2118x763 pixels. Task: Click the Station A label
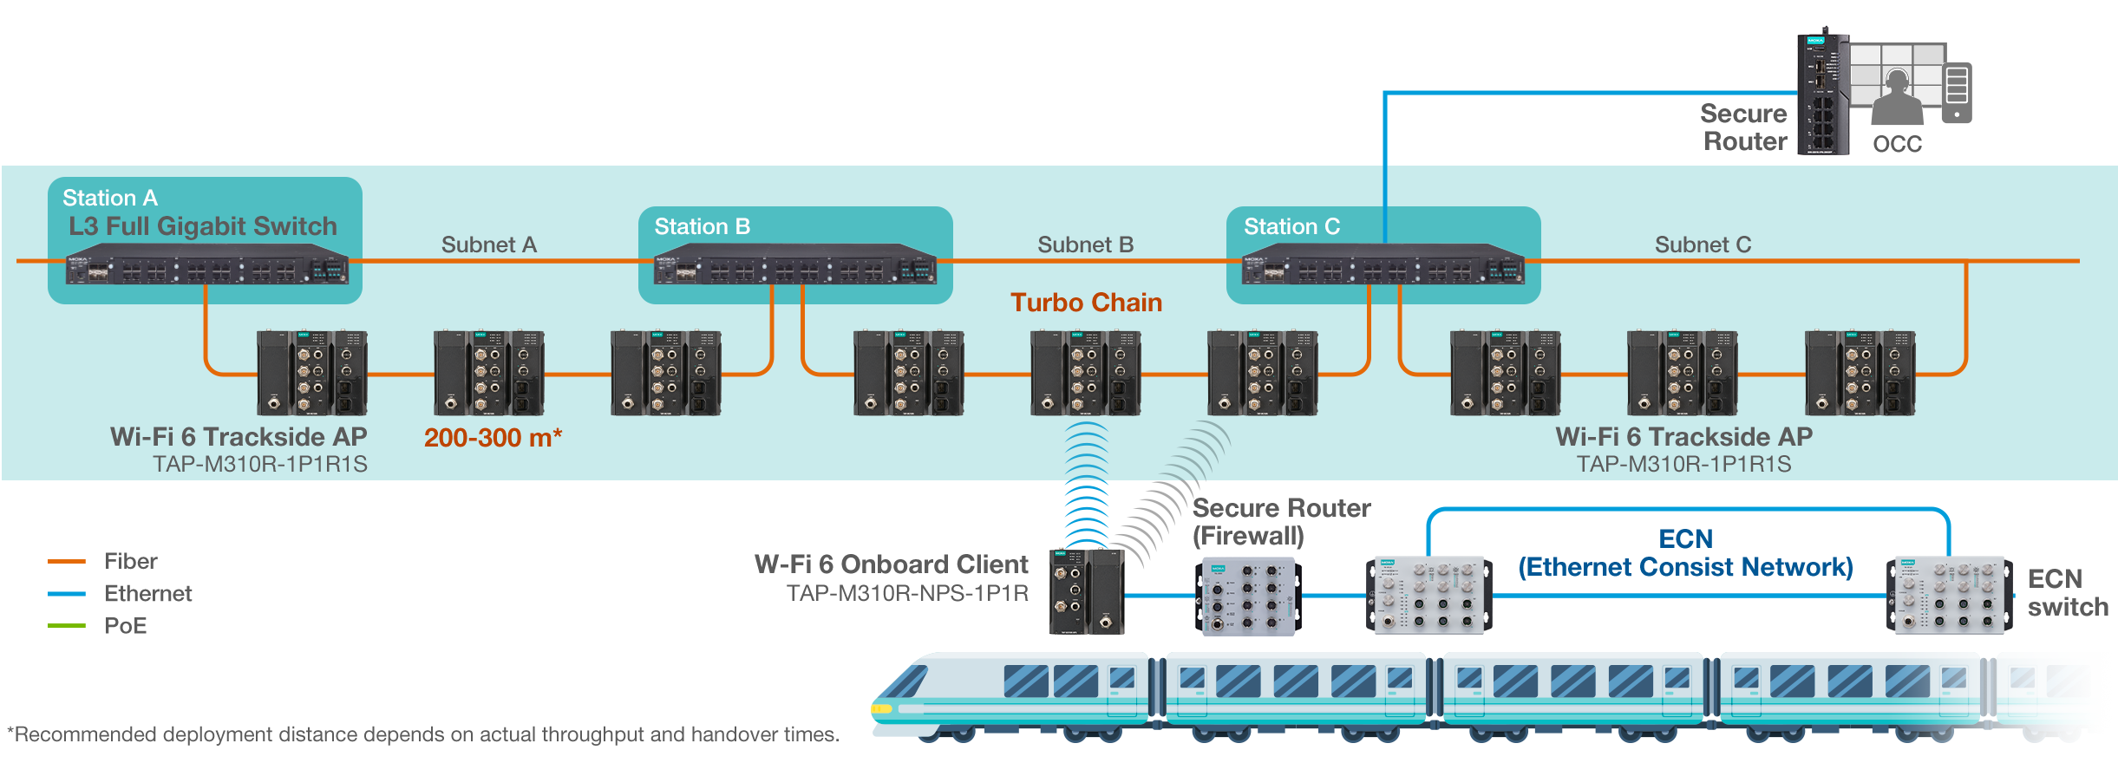pos(110,199)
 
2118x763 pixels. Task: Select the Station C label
pos(1291,226)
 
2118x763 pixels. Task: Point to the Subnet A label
pos(489,245)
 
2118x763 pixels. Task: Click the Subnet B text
pos(1085,245)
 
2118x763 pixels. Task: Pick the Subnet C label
pos(1703,245)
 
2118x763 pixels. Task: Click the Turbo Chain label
pos(1086,303)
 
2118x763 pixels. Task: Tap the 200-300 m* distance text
pos(493,438)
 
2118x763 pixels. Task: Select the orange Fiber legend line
pos(67,562)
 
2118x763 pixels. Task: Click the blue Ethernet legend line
pos(67,594)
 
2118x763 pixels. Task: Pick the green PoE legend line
pos(67,626)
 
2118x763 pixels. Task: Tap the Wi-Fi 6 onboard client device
pos(1087,591)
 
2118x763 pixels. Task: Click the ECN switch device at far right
pos(1949,596)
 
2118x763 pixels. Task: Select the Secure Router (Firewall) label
pos(1281,522)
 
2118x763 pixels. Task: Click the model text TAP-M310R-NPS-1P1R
pos(907,593)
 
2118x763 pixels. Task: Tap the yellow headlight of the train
pos(881,708)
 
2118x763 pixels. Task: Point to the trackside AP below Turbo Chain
pos(1085,373)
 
